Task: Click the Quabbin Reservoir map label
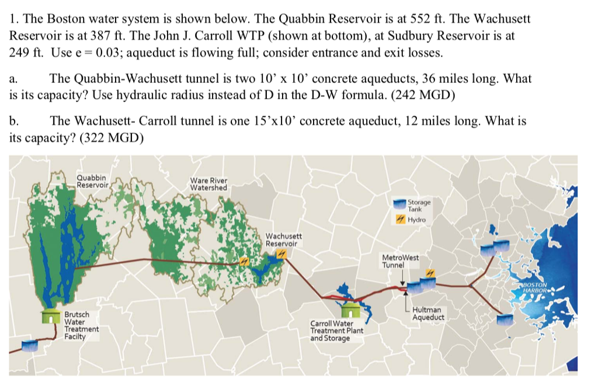[92, 181]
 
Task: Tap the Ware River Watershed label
[208, 183]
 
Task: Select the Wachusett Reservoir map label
[284, 239]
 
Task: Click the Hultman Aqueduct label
[428, 314]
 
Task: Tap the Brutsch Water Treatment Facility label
[81, 325]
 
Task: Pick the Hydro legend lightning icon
[401, 220]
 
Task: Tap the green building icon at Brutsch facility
[52, 318]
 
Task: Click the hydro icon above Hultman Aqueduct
[430, 274]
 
